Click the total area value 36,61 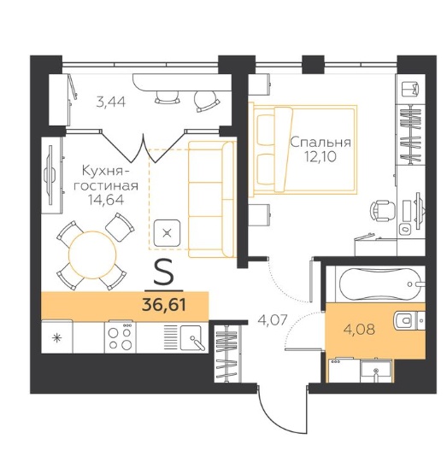164,305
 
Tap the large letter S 163,272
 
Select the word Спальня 321,142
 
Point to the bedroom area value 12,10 321,156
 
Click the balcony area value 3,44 111,102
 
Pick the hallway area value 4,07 272,319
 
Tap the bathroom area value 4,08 359,330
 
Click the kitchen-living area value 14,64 106,200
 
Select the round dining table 92,254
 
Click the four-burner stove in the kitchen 121,337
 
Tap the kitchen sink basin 192,337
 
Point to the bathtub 379,284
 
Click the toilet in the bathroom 409,320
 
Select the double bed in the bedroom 303,149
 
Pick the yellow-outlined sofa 212,199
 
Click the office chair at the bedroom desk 382,210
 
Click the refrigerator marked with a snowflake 56,336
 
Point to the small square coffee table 167,233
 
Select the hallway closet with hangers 227,353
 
